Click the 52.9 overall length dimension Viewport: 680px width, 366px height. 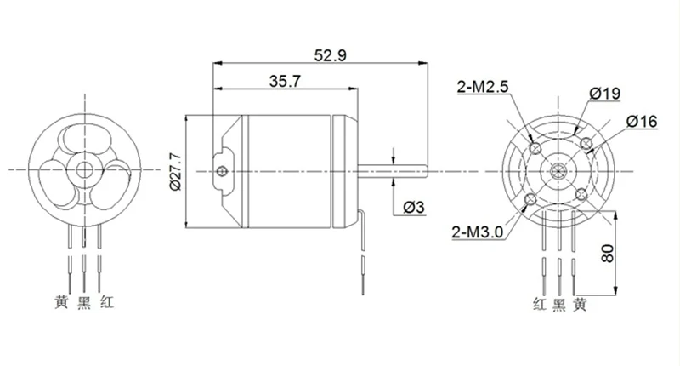tap(331, 55)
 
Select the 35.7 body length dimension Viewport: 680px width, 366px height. tap(285, 81)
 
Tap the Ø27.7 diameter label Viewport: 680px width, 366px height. tap(177, 171)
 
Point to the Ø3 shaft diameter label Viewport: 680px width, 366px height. tap(414, 208)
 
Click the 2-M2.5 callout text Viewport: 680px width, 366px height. tap(482, 88)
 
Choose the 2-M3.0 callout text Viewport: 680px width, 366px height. tap(478, 232)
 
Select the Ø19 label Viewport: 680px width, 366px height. tap(605, 94)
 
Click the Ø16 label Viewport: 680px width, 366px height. tap(642, 122)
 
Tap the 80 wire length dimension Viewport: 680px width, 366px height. tap(608, 253)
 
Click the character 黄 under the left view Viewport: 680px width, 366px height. tap(61, 302)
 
